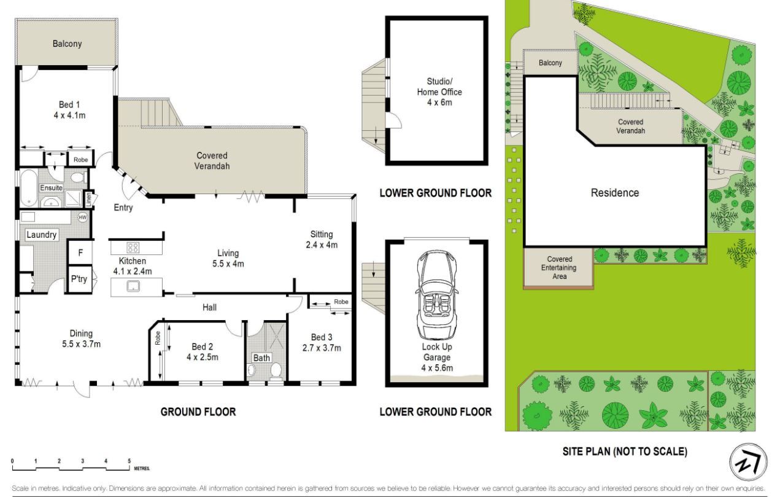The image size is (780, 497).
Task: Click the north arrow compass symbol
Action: tap(748, 462)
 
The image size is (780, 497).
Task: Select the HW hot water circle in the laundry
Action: tap(82, 217)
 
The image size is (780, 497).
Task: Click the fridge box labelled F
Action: tap(80, 252)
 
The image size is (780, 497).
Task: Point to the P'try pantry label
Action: tap(79, 279)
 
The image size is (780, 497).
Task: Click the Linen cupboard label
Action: tap(89, 200)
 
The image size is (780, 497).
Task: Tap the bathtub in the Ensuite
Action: tap(29, 188)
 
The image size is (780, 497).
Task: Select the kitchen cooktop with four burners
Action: tap(133, 248)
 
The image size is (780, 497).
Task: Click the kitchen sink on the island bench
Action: tap(133, 286)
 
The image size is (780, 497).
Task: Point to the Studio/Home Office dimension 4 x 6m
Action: tap(439, 103)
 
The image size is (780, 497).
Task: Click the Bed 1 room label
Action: tap(69, 104)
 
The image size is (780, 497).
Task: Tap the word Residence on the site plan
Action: tap(615, 193)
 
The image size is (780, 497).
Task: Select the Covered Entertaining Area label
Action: tap(559, 268)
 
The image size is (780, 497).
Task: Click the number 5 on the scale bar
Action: tap(129, 461)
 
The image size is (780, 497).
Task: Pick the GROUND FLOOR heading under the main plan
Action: tap(198, 412)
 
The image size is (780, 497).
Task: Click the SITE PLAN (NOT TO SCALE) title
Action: tap(625, 452)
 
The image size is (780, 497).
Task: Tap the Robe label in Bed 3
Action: tap(341, 302)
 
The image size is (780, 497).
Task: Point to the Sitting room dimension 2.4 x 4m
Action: tap(322, 245)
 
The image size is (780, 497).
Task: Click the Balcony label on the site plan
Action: tap(550, 63)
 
